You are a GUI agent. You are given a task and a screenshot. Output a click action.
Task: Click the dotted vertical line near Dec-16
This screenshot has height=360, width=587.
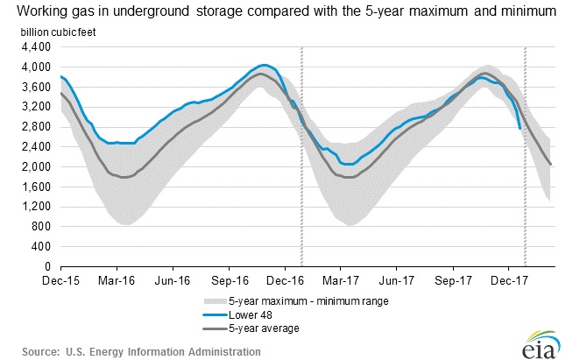[301, 158]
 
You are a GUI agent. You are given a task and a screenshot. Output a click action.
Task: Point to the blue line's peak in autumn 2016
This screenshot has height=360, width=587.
[265, 65]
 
